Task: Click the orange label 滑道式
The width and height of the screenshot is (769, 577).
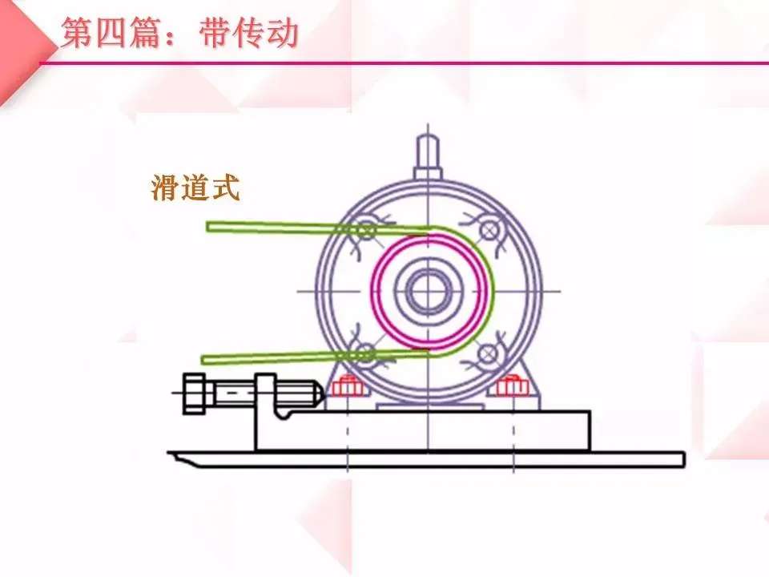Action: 195,188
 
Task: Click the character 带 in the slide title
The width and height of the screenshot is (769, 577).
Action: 215,34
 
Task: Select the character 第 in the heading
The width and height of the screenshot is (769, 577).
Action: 77,34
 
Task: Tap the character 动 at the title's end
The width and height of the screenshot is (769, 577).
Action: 284,34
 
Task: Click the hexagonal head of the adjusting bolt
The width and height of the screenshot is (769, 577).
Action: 194,393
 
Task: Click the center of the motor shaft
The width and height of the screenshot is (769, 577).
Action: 429,290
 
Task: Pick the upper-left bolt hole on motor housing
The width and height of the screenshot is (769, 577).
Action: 366,230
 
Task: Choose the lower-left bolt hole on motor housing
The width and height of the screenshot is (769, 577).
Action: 366,353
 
